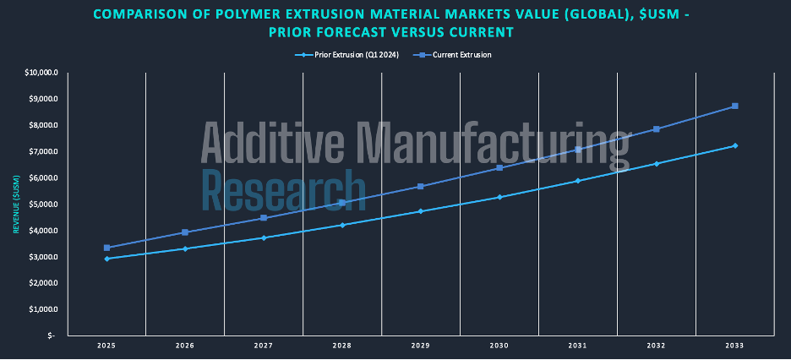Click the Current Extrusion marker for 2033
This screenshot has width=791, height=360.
click(x=735, y=106)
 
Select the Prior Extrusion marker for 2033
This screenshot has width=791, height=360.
click(x=735, y=145)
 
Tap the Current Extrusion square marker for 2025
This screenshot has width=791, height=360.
click(x=106, y=248)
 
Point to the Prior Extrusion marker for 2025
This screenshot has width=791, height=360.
click(x=106, y=259)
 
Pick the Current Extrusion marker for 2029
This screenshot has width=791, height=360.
click(x=421, y=187)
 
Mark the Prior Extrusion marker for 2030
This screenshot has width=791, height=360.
click(x=499, y=197)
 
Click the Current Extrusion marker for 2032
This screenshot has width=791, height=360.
click(x=657, y=129)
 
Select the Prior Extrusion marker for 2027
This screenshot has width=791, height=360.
click(x=264, y=237)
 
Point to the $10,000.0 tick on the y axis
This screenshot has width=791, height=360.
click(x=41, y=73)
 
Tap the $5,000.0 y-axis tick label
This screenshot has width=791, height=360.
click(x=43, y=204)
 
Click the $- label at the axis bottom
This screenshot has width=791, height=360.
click(x=52, y=335)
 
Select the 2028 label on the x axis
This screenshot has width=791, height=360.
click(x=342, y=346)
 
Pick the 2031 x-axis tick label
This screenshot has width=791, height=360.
click(x=578, y=346)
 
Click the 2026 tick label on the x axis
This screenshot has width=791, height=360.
click(x=185, y=346)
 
